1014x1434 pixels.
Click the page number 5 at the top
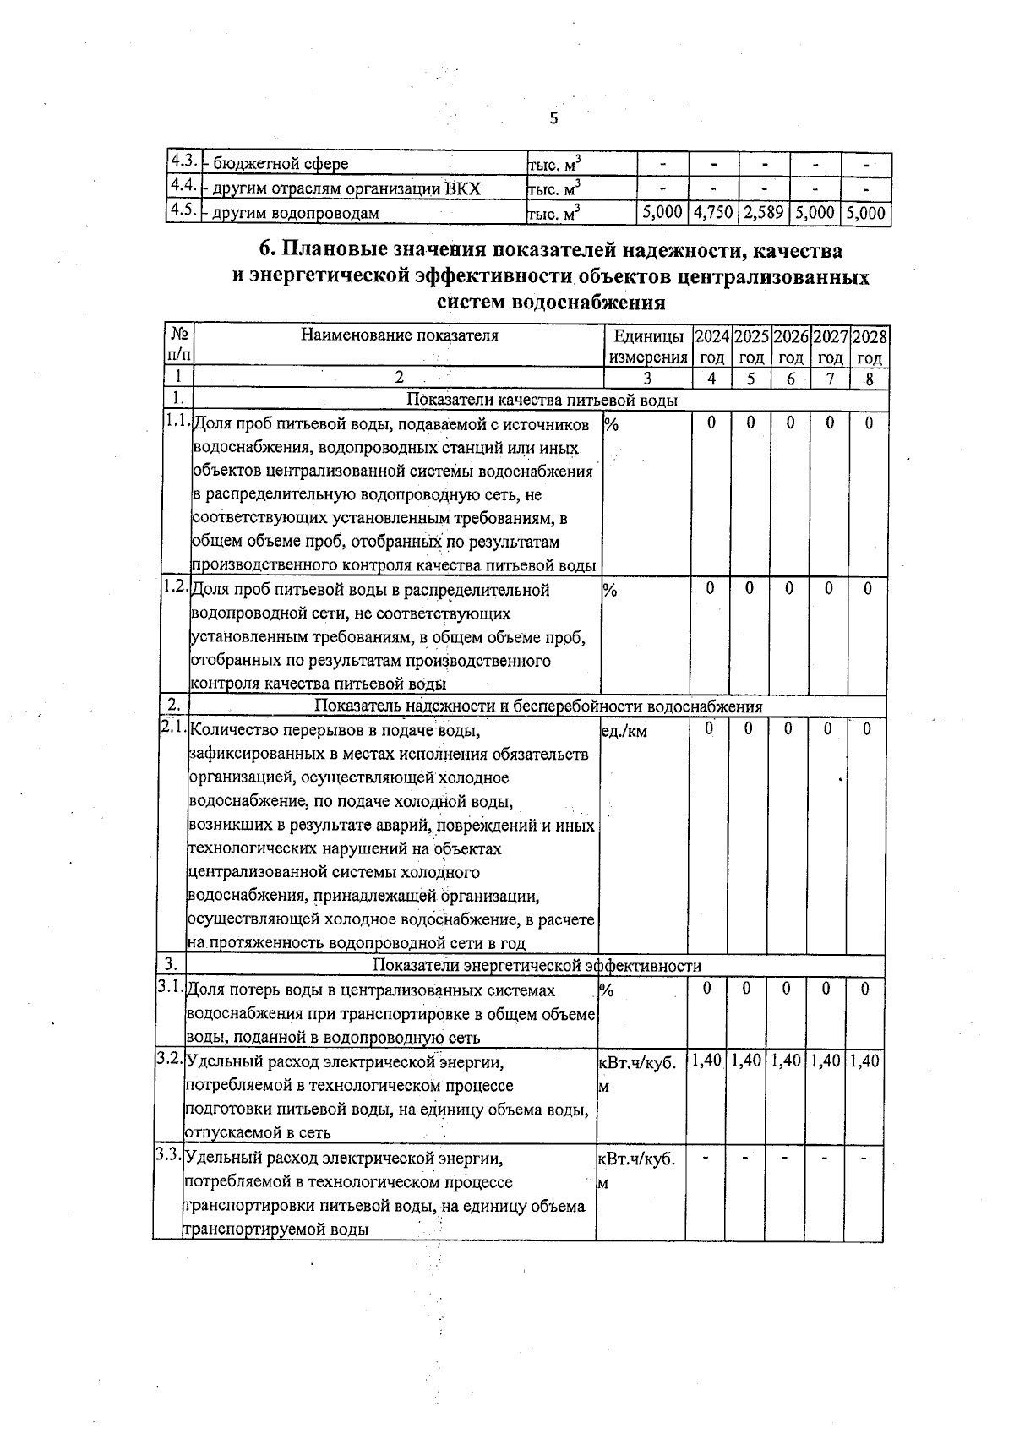[553, 118]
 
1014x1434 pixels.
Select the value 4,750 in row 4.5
[713, 213]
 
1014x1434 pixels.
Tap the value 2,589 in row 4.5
[764, 213]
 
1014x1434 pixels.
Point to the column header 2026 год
[791, 346]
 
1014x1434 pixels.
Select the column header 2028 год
[870, 346]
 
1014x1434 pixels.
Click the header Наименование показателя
[399, 335]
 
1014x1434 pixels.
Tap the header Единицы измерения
[648, 346]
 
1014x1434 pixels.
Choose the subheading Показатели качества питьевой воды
[542, 400]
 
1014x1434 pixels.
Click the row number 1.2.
[176, 586]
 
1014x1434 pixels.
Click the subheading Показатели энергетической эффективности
[537, 965]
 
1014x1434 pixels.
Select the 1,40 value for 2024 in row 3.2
[706, 1061]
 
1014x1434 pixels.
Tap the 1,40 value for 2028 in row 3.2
[864, 1061]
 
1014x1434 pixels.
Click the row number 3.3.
[168, 1155]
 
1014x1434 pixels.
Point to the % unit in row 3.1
[605, 990]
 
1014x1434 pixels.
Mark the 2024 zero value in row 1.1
[711, 423]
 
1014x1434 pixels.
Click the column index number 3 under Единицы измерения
[647, 379]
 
